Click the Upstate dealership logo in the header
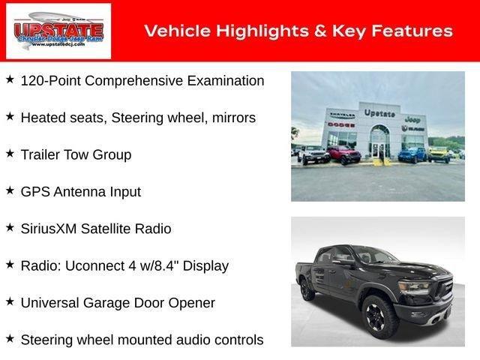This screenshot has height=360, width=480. (x=58, y=31)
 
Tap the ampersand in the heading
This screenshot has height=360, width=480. (x=319, y=31)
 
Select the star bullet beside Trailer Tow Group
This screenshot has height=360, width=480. (x=10, y=154)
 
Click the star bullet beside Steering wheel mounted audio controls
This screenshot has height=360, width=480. (x=10, y=339)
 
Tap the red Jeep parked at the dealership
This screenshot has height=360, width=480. (x=344, y=155)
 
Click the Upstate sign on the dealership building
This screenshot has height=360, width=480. (x=379, y=113)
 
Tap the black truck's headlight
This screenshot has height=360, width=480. (x=414, y=287)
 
